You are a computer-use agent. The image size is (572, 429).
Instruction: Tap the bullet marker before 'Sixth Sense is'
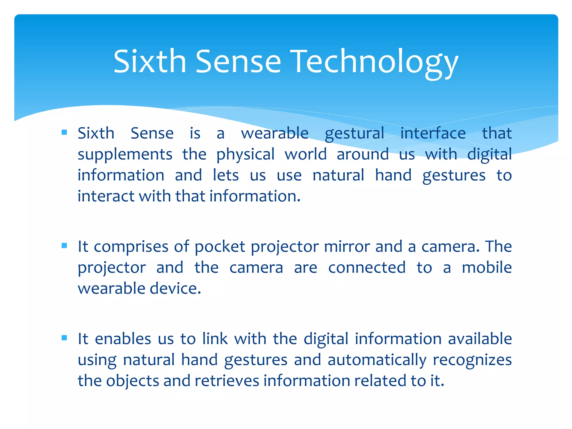[65, 132]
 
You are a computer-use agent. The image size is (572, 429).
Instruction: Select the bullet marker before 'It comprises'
[65, 246]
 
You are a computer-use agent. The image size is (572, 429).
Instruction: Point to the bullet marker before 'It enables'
[65, 338]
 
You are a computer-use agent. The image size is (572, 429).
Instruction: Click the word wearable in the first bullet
[275, 133]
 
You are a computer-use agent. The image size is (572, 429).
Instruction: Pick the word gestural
[354, 133]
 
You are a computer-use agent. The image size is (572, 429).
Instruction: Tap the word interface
[433, 133]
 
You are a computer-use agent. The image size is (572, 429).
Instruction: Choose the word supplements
[125, 154]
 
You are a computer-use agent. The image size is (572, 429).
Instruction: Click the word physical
[246, 154]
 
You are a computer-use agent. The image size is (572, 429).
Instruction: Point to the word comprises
[131, 247]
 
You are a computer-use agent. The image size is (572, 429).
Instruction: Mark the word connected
[367, 268]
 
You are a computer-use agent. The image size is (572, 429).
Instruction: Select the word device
[175, 289]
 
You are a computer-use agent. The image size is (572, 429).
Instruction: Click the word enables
[123, 339]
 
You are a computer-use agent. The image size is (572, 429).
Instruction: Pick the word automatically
[377, 360]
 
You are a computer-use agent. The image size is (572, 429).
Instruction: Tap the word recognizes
[472, 360]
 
